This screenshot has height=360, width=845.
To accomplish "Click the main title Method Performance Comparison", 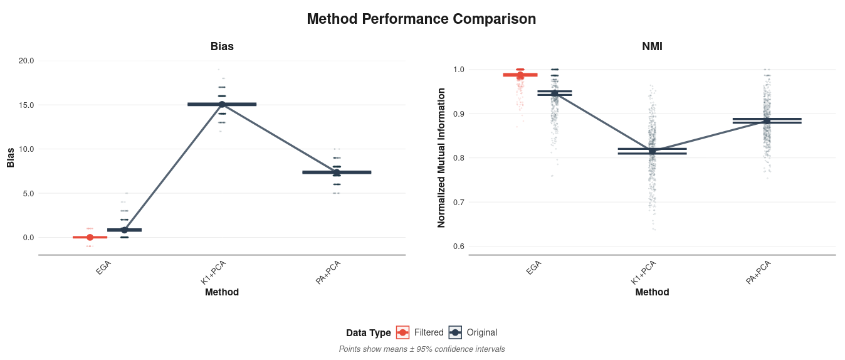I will tap(421, 19).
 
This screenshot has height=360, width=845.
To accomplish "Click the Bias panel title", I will tap(222, 46).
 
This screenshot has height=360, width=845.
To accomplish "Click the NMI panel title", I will tap(652, 46).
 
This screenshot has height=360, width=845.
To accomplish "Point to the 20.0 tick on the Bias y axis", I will tap(26, 61).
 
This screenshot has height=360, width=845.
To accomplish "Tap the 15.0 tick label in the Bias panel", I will tap(26, 105).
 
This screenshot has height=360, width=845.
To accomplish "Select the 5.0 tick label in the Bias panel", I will tap(28, 193).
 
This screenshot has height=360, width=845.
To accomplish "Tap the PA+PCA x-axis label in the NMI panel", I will tap(758, 273).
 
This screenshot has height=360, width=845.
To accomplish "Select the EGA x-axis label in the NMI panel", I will tap(533, 268).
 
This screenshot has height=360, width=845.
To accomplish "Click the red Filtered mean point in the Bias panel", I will tap(90, 237).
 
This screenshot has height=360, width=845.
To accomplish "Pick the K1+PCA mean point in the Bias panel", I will tap(222, 104).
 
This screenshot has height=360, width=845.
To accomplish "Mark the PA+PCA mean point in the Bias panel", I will tap(337, 172).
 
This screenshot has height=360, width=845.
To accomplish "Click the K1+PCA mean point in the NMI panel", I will tap(652, 151).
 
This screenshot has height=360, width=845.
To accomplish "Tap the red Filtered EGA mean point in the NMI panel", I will tap(520, 75).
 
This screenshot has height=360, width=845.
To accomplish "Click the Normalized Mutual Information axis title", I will tap(441, 157).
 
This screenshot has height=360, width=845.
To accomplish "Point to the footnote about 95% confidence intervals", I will tap(421, 349).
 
